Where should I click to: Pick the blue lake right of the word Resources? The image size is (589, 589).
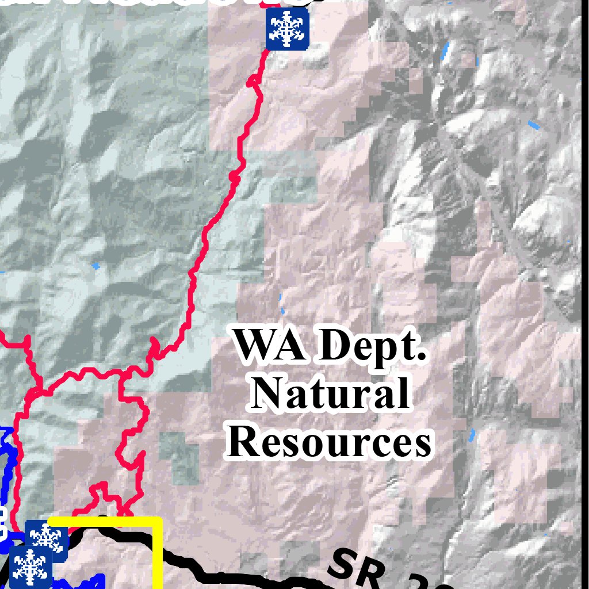(472, 435)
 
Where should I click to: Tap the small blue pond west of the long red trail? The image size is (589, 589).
(95, 266)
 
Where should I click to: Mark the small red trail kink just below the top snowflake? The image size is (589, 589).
(251, 83)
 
